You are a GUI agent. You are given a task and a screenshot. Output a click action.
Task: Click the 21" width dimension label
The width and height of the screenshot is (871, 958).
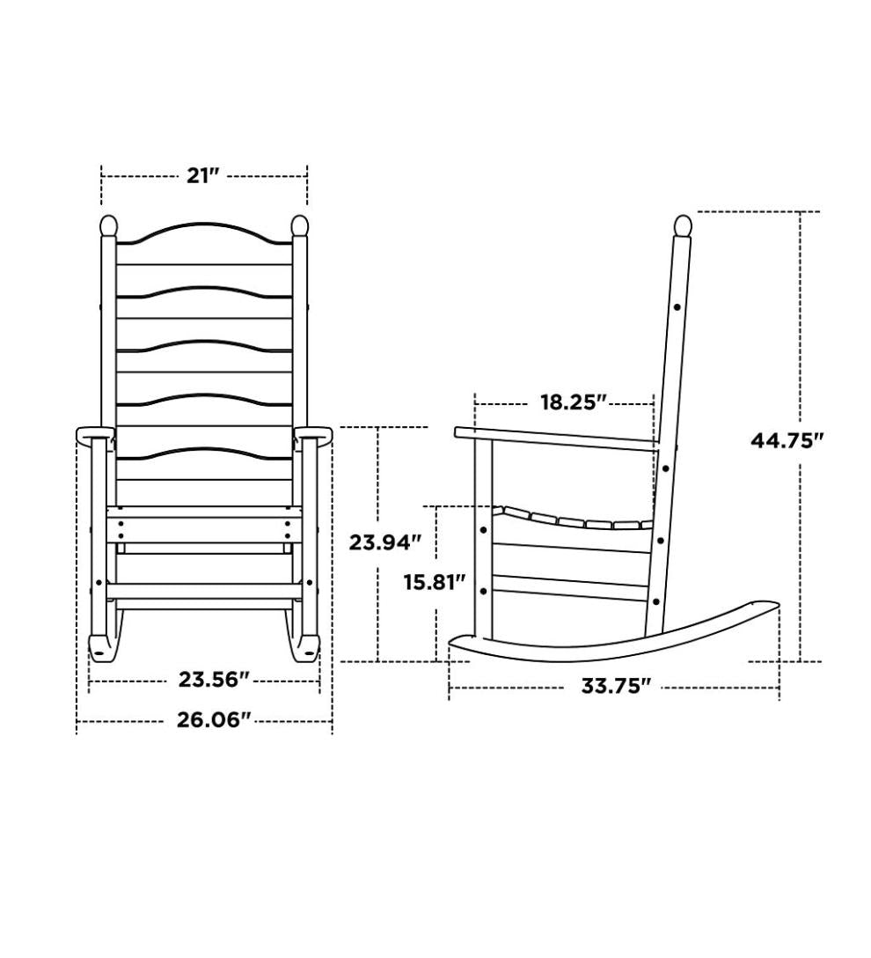click(x=203, y=175)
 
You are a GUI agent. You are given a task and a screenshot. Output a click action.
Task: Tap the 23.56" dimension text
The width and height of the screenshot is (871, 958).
click(x=214, y=680)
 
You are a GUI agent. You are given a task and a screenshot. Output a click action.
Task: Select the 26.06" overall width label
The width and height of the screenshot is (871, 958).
click(x=209, y=720)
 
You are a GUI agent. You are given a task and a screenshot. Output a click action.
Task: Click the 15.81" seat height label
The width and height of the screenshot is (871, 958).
click(x=434, y=583)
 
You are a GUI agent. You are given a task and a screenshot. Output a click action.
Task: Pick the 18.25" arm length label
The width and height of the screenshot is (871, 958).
click(x=574, y=402)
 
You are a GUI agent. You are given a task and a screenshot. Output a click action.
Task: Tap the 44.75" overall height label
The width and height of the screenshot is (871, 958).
click(x=787, y=440)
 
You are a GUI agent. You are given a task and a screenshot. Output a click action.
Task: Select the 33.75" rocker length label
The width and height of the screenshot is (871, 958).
click(x=616, y=687)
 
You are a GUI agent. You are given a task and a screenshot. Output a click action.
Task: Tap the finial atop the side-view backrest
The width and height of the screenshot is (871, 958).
click(x=682, y=225)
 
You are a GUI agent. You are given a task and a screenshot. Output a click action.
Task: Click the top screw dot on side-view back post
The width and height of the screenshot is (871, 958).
click(x=677, y=307)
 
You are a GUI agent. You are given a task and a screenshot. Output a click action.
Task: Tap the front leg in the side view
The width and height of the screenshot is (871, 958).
click(x=483, y=537)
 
